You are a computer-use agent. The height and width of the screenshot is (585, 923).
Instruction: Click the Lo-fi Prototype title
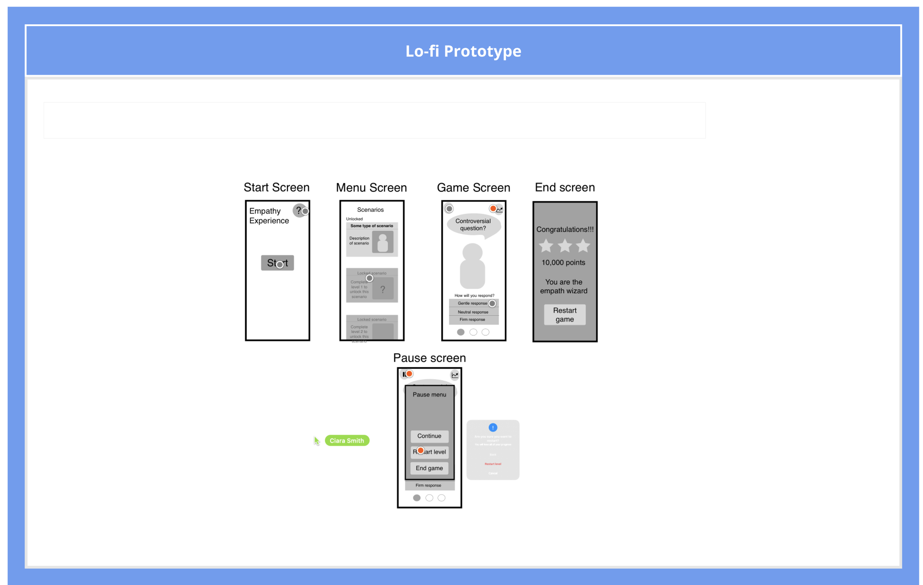[x=463, y=51]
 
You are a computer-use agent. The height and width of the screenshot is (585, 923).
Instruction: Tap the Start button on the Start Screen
[x=277, y=263]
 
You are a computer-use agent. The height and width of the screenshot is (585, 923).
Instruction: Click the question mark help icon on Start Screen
[x=298, y=210]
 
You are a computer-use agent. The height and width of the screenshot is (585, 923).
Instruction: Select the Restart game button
[x=564, y=315]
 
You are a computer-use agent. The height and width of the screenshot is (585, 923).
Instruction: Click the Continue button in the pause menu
[x=429, y=436]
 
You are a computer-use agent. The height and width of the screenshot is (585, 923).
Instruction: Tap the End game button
[x=429, y=468]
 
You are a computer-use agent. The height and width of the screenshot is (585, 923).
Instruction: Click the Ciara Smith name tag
[x=347, y=441]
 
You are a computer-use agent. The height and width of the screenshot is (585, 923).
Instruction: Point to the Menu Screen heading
[x=371, y=188]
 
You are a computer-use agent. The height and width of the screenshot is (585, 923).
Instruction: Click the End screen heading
[x=565, y=187]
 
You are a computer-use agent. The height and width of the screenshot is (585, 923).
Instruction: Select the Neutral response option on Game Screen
[x=473, y=312]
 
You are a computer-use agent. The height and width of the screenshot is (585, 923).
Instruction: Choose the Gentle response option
[x=472, y=303]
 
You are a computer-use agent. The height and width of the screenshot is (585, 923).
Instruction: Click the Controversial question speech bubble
[x=473, y=225]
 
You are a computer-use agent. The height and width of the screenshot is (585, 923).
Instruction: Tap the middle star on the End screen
[x=564, y=246]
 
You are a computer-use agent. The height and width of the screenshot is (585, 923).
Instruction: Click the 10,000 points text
[x=563, y=263]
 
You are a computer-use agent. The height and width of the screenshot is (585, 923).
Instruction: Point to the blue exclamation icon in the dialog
[x=493, y=427]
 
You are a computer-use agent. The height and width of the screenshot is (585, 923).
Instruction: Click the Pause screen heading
[x=429, y=358]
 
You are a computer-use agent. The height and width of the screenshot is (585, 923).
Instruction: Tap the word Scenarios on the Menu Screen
[x=370, y=210]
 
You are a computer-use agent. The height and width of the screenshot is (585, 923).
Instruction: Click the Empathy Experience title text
[x=269, y=216]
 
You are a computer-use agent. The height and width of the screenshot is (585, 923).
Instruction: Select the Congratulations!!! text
[x=565, y=229]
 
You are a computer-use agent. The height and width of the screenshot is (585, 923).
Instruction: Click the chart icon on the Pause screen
[x=454, y=375]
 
